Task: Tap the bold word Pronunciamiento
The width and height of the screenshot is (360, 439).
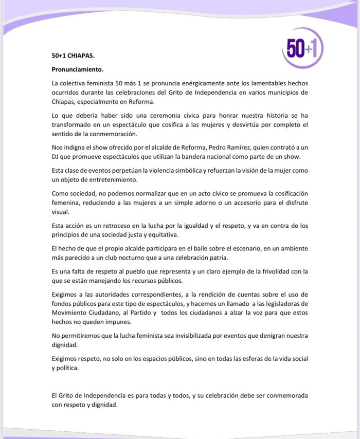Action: point(78,69)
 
